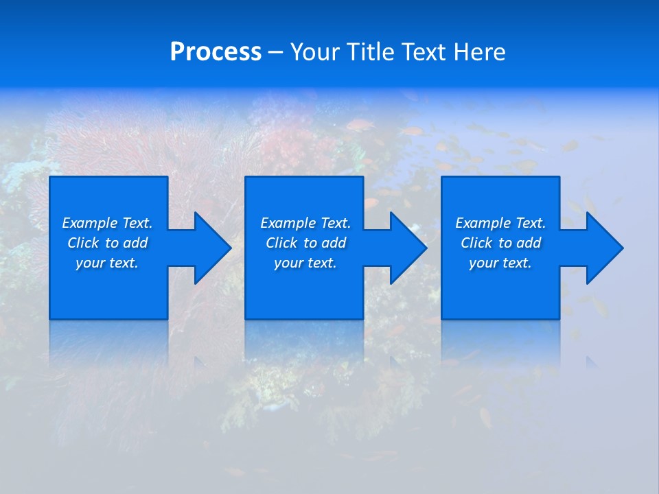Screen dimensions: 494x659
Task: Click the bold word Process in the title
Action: pyautogui.click(x=216, y=52)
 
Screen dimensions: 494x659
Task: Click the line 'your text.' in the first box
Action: pyautogui.click(x=107, y=263)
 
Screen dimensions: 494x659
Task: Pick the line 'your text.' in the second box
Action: pyautogui.click(x=305, y=263)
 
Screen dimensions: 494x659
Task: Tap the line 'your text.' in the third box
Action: pyautogui.click(x=500, y=263)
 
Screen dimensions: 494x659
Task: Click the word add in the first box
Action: pyautogui.click(x=135, y=243)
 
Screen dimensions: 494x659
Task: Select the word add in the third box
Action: pyautogui.click(x=529, y=243)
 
